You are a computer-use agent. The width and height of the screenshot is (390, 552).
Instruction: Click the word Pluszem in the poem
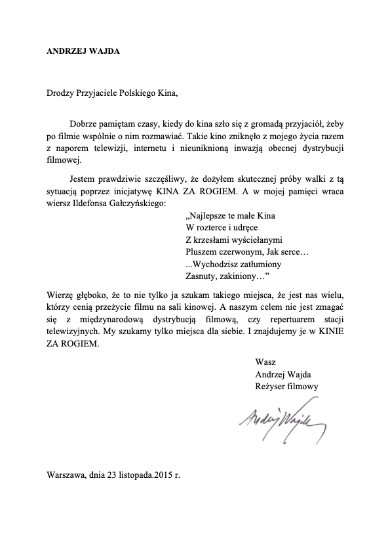[x=203, y=251]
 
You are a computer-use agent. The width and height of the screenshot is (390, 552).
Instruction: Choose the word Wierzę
[x=60, y=293]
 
